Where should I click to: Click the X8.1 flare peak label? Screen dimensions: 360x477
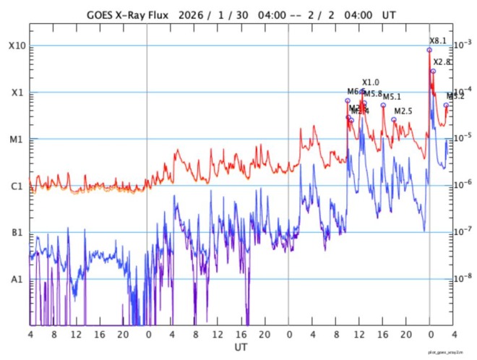point(438,40)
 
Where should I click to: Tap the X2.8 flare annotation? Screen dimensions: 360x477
point(442,62)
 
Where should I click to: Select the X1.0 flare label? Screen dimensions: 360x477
point(370,82)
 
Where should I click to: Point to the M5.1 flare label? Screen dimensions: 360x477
point(392,97)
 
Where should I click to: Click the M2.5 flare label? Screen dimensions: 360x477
point(403,111)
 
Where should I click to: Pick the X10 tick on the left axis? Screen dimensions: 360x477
point(17,46)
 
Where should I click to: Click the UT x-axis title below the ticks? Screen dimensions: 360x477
point(242,348)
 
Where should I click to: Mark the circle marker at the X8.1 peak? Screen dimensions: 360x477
point(429,50)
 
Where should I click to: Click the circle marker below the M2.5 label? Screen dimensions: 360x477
point(394,120)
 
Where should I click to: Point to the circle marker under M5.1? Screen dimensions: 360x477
point(383,106)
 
